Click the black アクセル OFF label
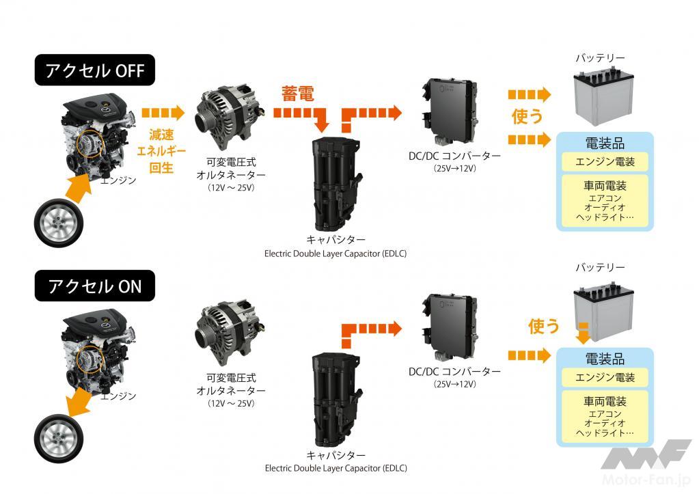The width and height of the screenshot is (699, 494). [94, 70]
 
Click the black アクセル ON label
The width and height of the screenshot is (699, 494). [94, 286]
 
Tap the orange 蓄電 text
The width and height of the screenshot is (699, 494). [297, 94]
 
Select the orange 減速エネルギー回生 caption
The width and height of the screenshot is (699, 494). [161, 151]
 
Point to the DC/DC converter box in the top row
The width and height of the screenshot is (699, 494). [450, 111]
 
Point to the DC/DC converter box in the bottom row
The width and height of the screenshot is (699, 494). [450, 327]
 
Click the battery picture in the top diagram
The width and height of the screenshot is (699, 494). [603, 96]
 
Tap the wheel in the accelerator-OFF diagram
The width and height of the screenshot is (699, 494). [59, 223]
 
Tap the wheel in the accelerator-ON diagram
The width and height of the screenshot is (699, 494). [59, 438]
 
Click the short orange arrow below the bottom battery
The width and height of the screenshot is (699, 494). [583, 333]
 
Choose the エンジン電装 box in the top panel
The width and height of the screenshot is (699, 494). [605, 161]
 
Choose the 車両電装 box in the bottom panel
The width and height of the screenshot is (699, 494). [605, 416]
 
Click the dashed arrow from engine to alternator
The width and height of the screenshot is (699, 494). [163, 113]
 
